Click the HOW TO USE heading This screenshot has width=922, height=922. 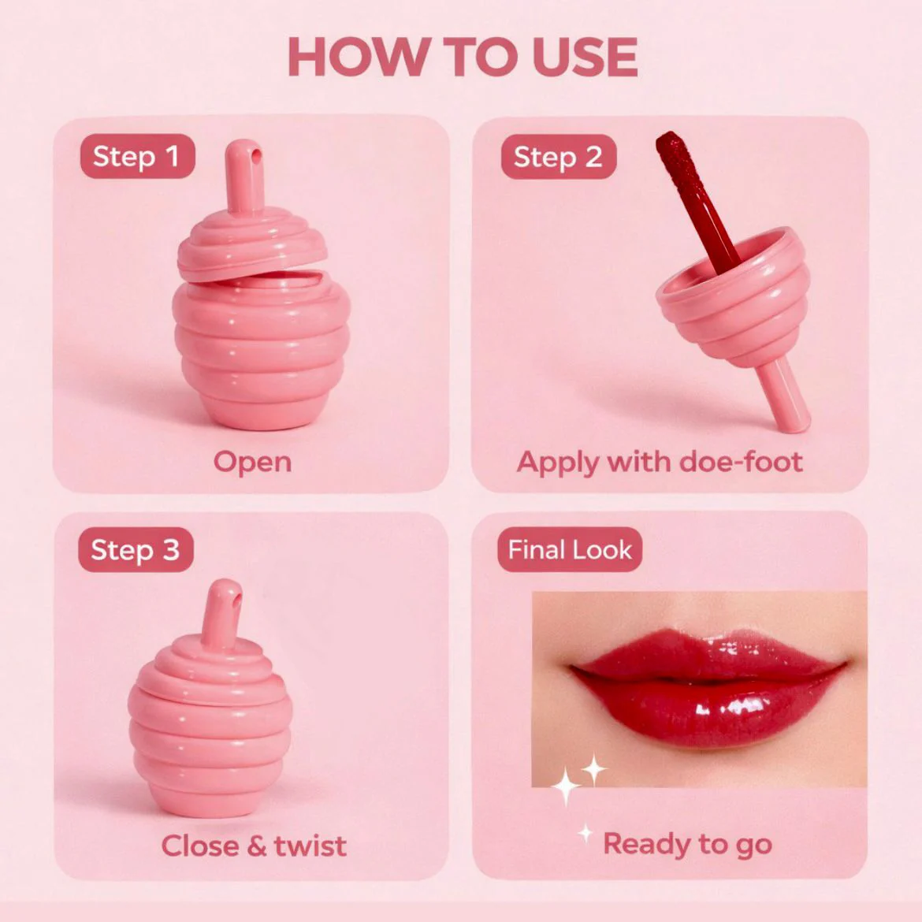[462, 57]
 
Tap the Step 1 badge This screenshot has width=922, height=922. [138, 156]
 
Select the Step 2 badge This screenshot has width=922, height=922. [559, 157]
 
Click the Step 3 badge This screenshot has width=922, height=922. [136, 550]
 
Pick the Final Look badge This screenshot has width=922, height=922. [570, 550]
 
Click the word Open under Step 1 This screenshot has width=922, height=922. [252, 462]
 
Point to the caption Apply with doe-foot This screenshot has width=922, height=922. [660, 462]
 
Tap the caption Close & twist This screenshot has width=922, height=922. [254, 846]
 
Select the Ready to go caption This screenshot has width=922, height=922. [687, 845]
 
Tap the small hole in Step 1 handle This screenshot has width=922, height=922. [256, 154]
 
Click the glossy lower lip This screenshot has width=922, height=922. [705, 712]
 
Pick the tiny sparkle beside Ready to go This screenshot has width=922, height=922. [585, 833]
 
